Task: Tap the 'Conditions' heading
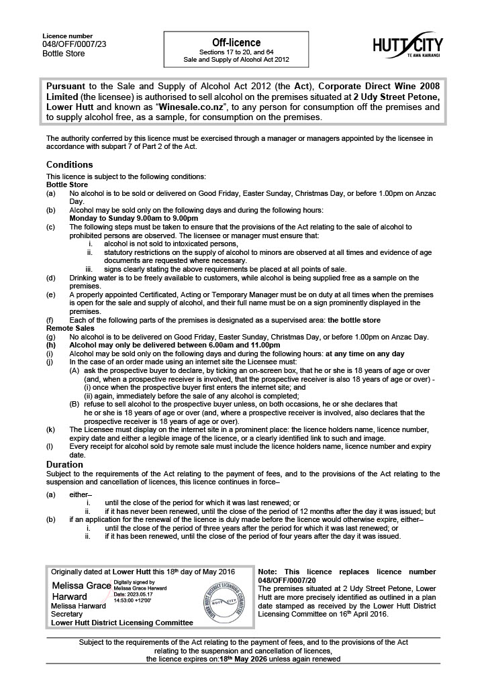(70, 164)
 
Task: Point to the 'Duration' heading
(64, 464)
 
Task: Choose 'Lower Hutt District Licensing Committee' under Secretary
(122, 623)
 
